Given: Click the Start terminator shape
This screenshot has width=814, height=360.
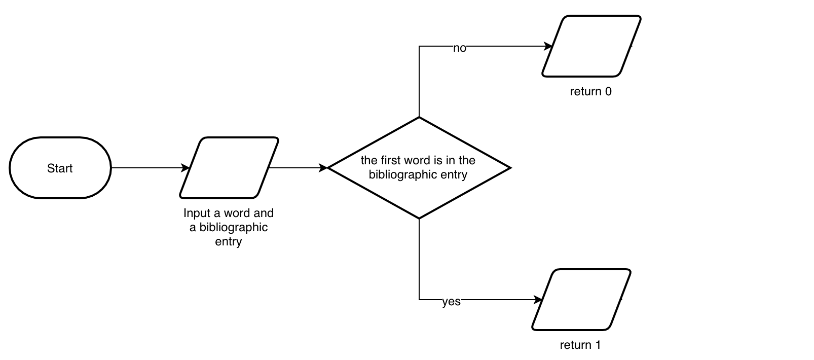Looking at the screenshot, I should pos(60,168).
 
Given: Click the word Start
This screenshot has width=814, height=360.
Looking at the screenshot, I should pos(60,168).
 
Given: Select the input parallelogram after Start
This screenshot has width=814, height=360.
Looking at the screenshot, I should pos(229,168).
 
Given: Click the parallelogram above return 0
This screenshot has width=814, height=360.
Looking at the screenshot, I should pos(591,46).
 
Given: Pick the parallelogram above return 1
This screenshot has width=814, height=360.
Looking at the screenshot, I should pos(581,300).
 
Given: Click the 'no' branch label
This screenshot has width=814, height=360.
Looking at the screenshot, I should pos(459,48).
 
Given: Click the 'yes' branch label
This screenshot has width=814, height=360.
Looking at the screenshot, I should pos(451,302).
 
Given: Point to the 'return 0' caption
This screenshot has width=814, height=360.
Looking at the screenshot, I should pos(590,92).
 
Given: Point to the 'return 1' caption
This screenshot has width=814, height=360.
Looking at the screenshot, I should pos(580,345).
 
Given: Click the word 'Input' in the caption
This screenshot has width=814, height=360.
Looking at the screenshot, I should pos(197,213).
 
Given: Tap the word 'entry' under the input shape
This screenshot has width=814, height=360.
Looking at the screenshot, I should pos(229,241).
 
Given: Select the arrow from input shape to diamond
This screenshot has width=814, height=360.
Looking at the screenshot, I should pos(299,168).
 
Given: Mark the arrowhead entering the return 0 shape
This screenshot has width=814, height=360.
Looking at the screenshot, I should pos(548,46).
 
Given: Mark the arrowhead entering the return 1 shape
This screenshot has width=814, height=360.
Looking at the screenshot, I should pos(538,300).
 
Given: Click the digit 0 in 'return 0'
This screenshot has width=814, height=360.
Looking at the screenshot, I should pos(608,92).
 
